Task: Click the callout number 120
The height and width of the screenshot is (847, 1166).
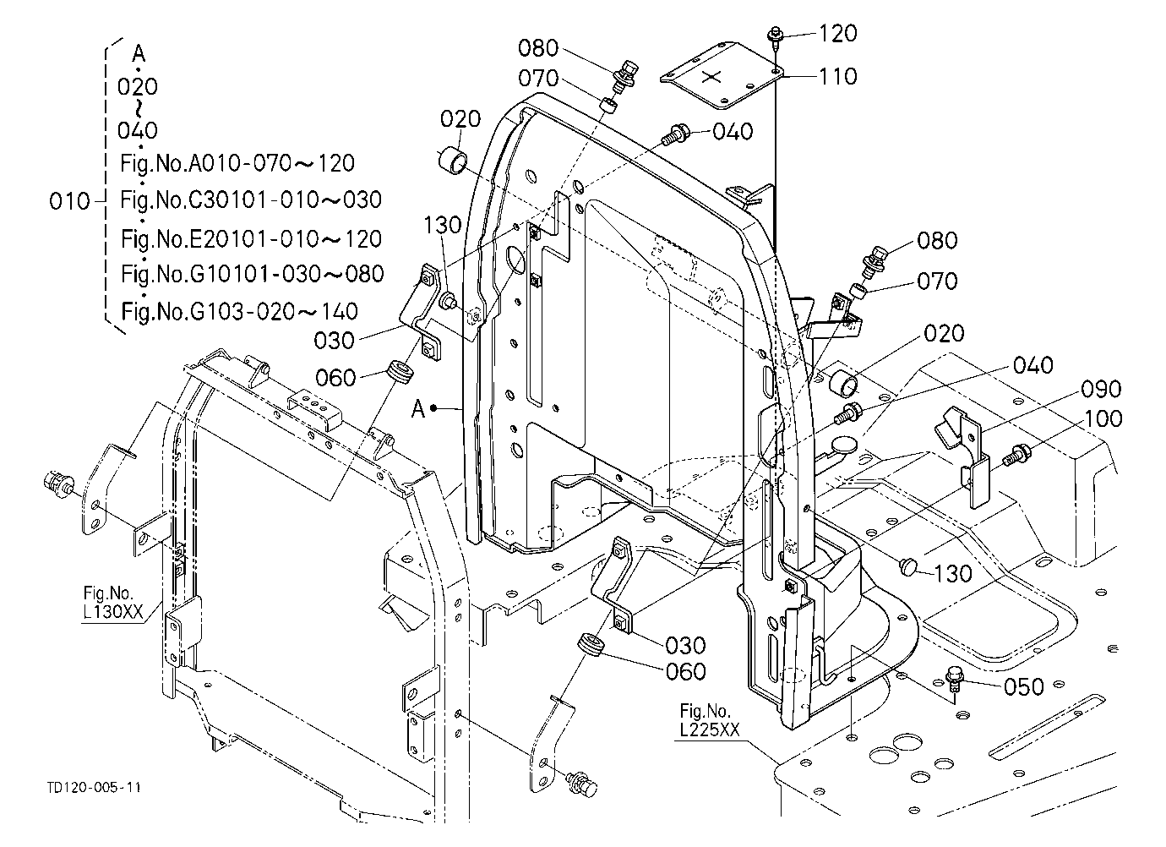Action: point(838,33)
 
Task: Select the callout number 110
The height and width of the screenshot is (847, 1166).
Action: point(838,77)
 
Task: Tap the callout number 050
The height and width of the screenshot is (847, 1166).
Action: point(1023,687)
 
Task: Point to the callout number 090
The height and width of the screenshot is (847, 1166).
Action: point(1101,389)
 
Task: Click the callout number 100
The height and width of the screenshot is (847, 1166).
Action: point(1103,418)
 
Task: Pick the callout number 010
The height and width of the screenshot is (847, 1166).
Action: point(69,201)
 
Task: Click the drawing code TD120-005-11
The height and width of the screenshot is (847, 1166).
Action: point(94,787)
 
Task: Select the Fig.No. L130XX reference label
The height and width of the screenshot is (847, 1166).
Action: point(112,602)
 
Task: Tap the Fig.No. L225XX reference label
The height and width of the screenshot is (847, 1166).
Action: point(709,720)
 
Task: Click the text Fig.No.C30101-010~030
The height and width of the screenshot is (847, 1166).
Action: point(251,200)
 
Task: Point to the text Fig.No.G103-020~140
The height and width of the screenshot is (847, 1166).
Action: point(239,312)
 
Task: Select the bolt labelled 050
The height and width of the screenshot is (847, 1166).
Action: point(955,679)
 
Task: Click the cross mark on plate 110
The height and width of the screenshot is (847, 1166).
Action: point(711,78)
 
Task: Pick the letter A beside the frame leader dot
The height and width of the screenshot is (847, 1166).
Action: point(418,409)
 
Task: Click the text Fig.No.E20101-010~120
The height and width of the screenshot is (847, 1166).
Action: point(252,238)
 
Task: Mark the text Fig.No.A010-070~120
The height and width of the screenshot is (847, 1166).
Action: point(237,163)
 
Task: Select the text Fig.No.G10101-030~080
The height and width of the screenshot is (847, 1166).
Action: point(253,274)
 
